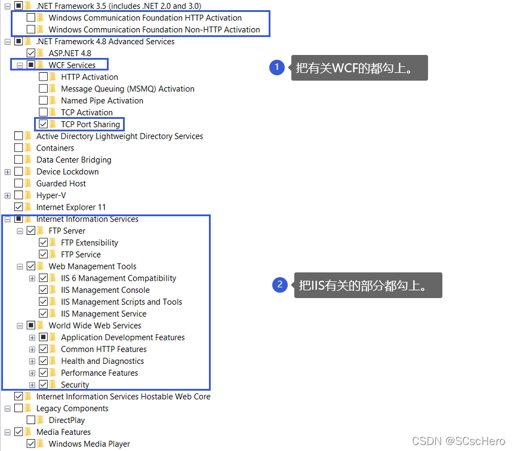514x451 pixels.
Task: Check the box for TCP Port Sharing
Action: [43, 124]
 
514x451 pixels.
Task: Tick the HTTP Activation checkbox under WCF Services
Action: [43, 77]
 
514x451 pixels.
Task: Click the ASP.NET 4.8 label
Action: [70, 53]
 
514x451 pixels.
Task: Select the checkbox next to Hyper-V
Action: [19, 195]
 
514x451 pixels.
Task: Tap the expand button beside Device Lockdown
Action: [7, 171]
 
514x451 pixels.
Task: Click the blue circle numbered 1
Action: [276, 67]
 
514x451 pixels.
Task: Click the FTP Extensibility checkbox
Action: [43, 243]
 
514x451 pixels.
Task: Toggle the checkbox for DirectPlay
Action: [31, 420]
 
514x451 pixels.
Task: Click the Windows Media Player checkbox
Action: [31, 444]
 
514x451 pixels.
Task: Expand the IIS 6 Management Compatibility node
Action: [32, 278]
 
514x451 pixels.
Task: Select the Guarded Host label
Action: [61, 183]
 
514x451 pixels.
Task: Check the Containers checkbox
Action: [19, 148]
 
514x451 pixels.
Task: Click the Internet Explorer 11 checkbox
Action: [19, 207]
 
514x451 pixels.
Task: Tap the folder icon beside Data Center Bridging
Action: [28, 159]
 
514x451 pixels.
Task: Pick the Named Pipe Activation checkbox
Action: [43, 101]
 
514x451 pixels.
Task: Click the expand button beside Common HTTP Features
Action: [32, 349]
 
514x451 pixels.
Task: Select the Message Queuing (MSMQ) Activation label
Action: [127, 89]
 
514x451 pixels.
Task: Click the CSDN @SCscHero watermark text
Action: [458, 440]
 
